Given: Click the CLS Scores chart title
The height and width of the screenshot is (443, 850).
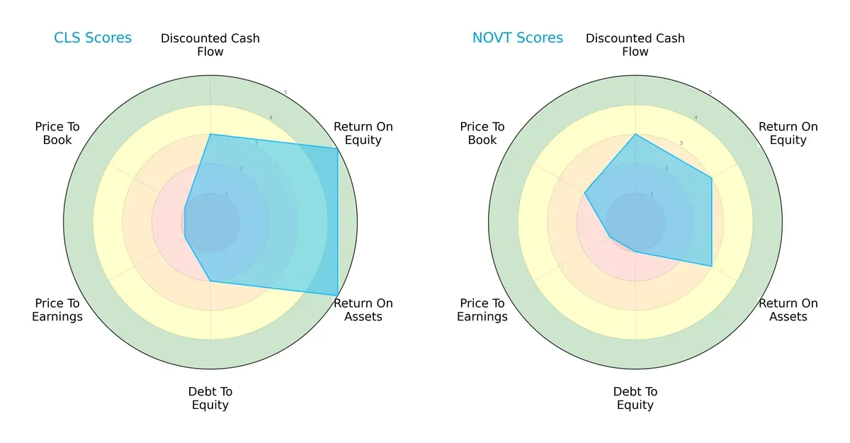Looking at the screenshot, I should click(x=93, y=38).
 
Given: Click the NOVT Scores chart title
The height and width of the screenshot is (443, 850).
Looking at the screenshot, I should click(x=518, y=38).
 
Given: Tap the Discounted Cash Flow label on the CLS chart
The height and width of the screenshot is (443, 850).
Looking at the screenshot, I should click(x=210, y=45).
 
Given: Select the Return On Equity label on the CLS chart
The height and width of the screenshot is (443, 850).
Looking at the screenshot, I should click(x=363, y=133).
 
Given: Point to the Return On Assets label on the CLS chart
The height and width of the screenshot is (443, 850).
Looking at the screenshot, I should click(x=363, y=310).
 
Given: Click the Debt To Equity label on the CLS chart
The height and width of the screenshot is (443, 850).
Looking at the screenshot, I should click(x=210, y=398).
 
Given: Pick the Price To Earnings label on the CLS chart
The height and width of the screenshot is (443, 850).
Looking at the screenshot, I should click(x=57, y=310).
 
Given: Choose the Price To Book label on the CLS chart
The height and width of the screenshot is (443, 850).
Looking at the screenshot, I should click(x=57, y=133).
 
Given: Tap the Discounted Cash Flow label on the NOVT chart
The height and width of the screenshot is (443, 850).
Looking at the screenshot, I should click(x=635, y=45).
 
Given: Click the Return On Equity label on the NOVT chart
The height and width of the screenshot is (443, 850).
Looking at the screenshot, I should click(x=788, y=133).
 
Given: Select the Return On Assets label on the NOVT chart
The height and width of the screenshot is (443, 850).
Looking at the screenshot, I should click(x=788, y=310).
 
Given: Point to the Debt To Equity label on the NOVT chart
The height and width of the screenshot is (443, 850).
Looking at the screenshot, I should click(x=635, y=398).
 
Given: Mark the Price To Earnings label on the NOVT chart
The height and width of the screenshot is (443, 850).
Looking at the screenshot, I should click(x=482, y=310).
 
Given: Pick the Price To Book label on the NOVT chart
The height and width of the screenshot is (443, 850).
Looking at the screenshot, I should click(x=482, y=133).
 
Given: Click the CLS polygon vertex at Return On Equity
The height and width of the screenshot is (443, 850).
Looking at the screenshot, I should click(x=337, y=148).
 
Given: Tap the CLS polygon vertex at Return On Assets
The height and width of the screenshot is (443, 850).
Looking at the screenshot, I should click(x=337, y=296).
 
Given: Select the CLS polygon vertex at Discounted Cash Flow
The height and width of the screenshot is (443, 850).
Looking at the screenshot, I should click(x=210, y=134).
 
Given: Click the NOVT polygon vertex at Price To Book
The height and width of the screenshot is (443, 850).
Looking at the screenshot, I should click(x=585, y=193).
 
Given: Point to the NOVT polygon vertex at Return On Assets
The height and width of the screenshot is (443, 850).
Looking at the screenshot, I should click(x=711, y=266).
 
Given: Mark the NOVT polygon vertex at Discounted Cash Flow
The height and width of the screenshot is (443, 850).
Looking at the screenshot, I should click(x=635, y=134).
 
